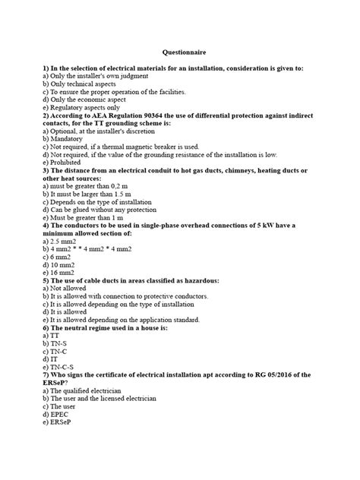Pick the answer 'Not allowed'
(68, 289)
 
